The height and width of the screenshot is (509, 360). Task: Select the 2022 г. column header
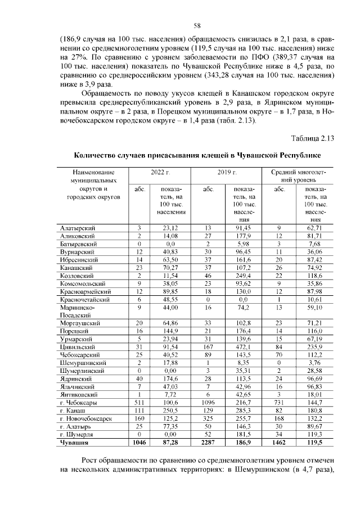(x=160, y=172)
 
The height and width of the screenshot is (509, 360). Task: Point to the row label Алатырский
(x=77, y=228)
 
